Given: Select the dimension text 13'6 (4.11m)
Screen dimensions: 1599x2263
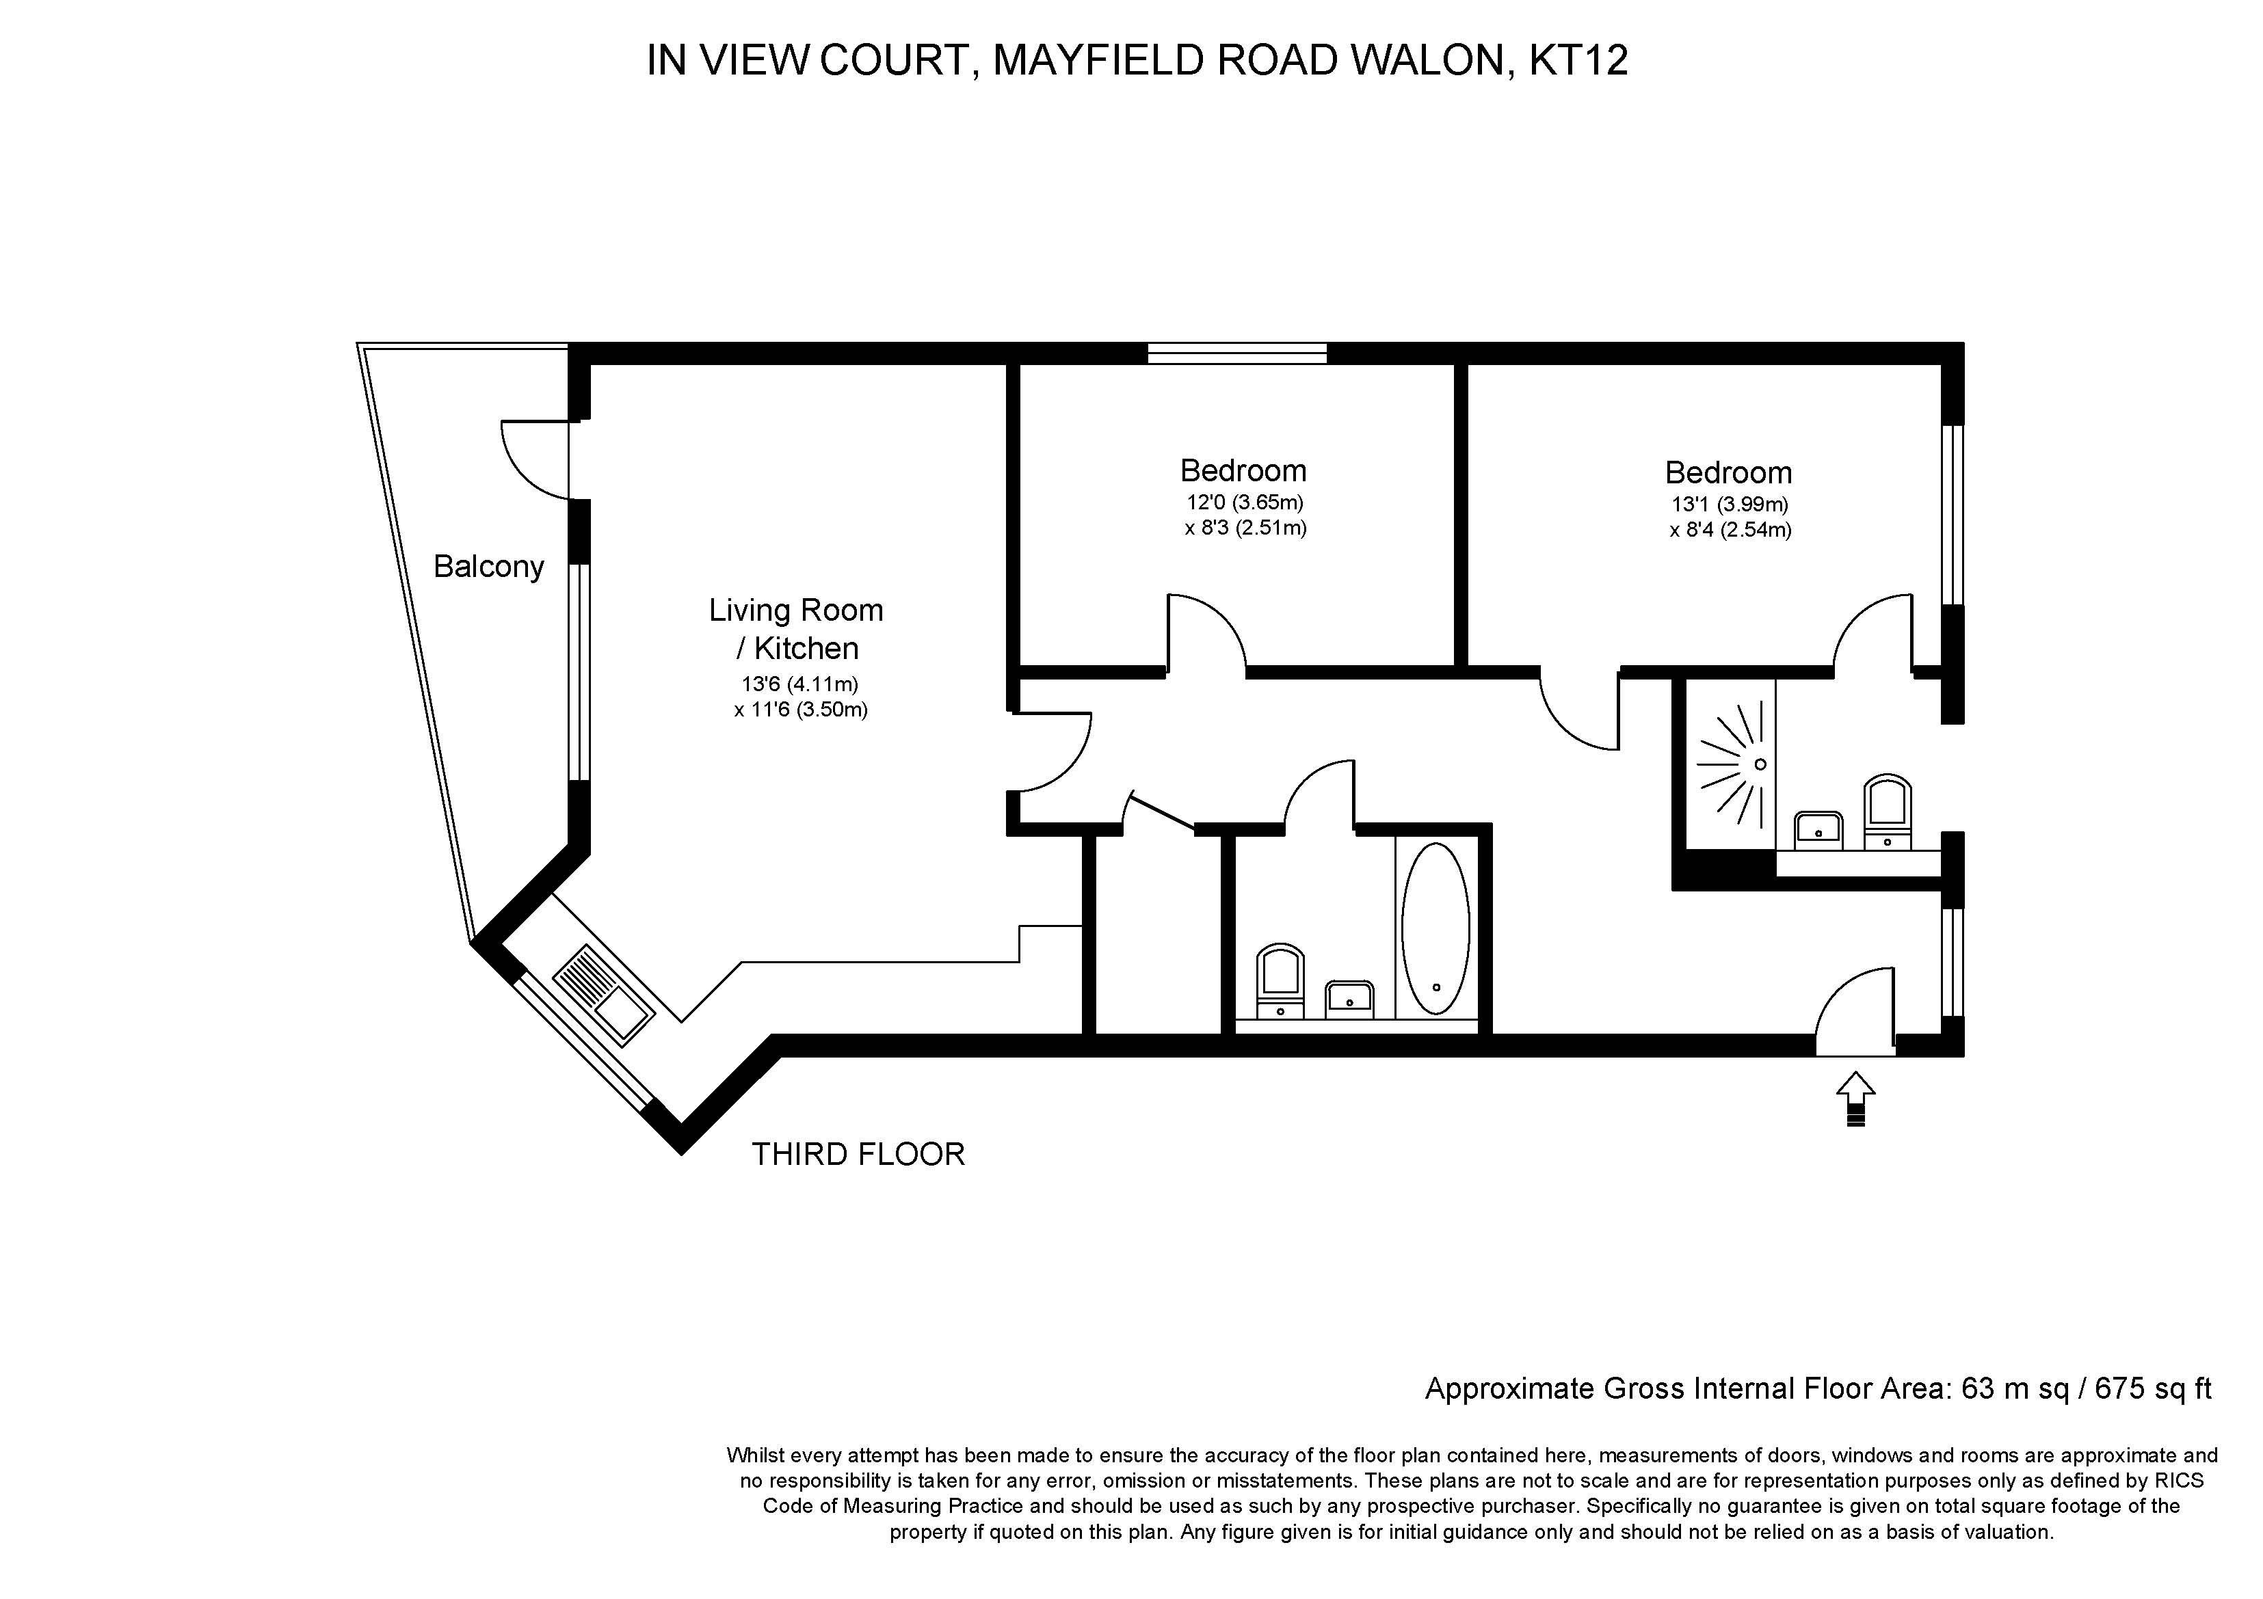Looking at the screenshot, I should (799, 684).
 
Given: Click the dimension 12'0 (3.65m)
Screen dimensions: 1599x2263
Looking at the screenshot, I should (1245, 502).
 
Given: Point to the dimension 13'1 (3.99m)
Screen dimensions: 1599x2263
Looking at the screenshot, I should (1729, 505).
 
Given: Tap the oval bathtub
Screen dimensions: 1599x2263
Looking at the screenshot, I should (1435, 928).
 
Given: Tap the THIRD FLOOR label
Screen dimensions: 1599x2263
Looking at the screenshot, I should (858, 1154).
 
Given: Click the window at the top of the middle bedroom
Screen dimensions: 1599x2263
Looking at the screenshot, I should (1237, 353).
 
